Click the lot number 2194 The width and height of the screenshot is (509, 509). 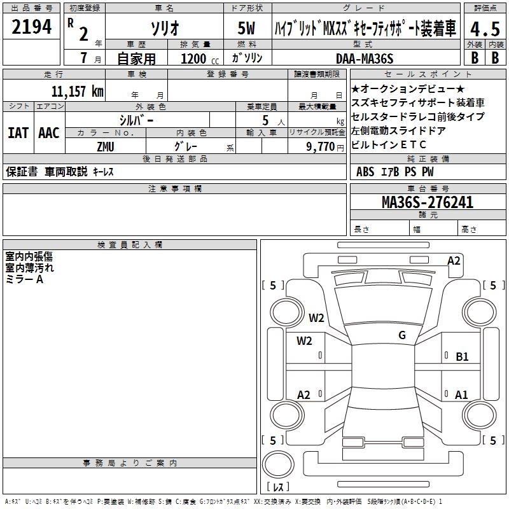point(32,27)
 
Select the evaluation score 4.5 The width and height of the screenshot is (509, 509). point(485,29)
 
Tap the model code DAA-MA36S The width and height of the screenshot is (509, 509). point(365,59)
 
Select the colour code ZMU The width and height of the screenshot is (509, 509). point(106,146)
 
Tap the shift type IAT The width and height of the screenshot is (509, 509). point(18,132)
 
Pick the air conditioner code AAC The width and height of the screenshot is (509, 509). point(48,132)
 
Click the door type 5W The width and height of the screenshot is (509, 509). point(248,29)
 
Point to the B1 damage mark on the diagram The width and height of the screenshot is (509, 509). point(462,357)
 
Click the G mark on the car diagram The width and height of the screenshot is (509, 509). point(402,335)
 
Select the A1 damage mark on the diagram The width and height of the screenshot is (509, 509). point(461,394)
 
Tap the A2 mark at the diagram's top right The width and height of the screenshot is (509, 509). point(454,260)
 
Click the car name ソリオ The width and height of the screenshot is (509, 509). point(164,29)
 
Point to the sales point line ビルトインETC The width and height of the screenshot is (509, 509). point(389,144)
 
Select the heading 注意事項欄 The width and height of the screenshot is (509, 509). point(174,189)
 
